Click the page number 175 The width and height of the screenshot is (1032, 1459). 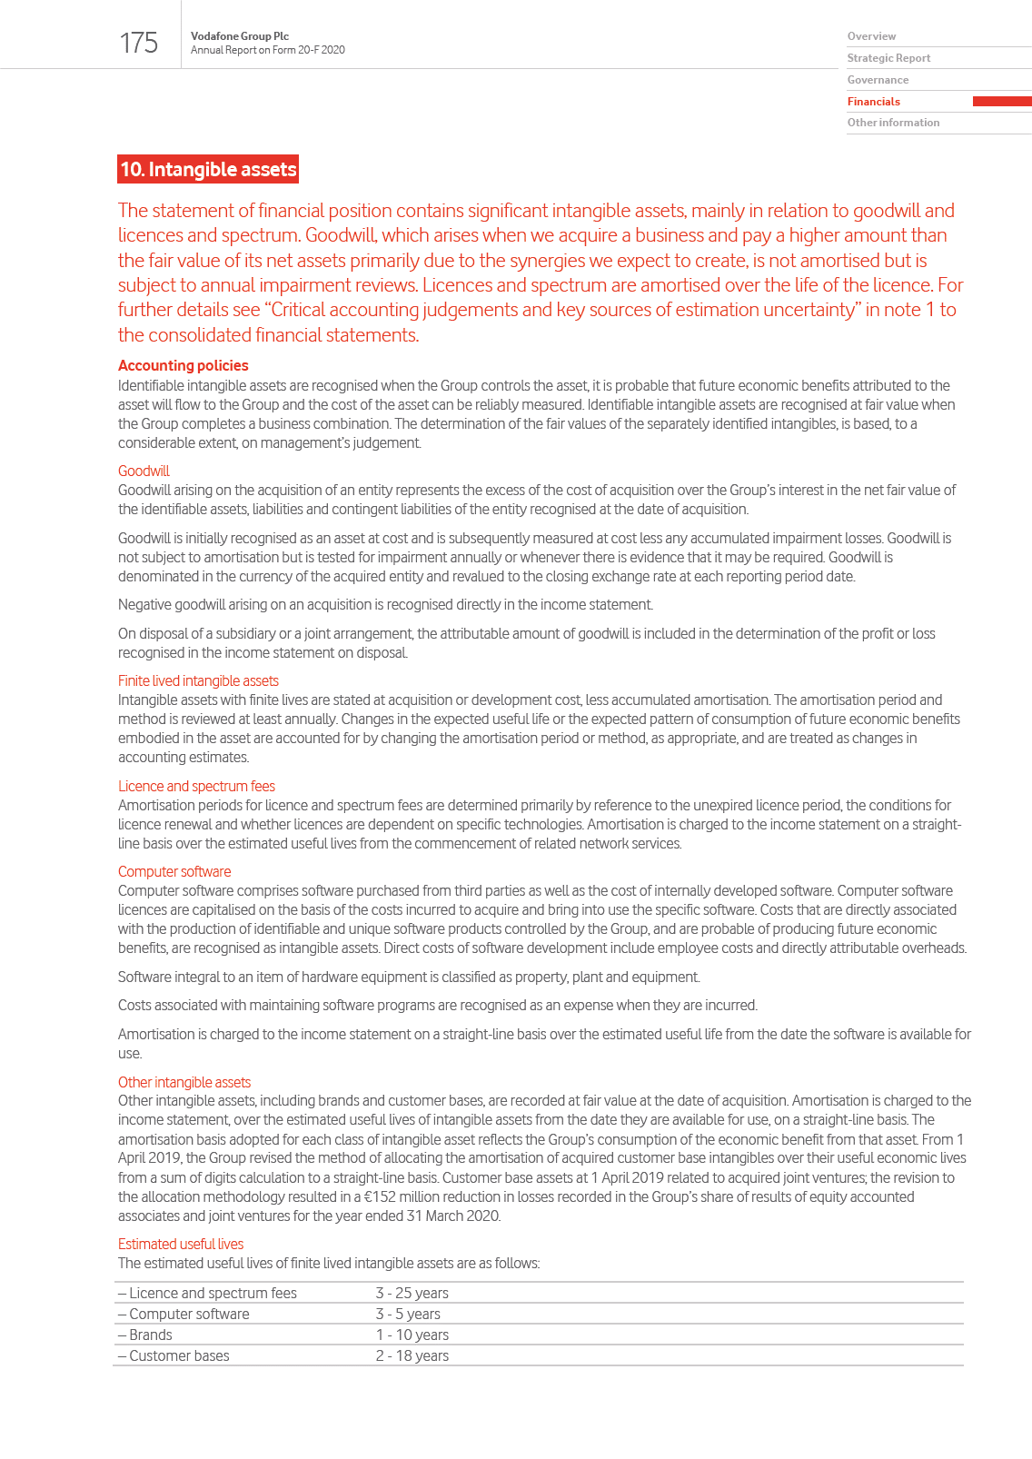(138, 43)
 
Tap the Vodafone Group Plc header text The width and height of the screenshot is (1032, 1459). (240, 36)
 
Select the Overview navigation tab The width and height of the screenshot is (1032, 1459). (871, 36)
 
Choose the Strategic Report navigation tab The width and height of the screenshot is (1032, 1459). (888, 58)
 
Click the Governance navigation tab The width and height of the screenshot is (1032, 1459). (878, 80)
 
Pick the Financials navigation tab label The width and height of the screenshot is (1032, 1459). (874, 102)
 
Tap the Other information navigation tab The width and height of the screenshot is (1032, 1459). (893, 123)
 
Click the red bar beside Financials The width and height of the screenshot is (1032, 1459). (1001, 102)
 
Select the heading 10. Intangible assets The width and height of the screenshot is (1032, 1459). (208, 170)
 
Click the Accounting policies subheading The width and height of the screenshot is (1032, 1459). (183, 365)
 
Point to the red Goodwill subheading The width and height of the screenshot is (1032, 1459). (144, 471)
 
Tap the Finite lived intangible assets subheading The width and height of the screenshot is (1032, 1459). (198, 680)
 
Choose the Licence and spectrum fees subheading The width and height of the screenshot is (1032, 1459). (196, 786)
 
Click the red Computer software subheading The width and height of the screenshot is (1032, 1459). (174, 871)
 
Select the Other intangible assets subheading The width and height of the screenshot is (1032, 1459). (184, 1082)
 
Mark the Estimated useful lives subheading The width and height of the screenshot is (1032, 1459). (181, 1244)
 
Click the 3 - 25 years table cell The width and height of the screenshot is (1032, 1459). (412, 1293)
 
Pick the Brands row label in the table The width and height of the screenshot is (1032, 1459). (150, 1335)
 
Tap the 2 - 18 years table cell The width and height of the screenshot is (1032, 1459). (412, 1355)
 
